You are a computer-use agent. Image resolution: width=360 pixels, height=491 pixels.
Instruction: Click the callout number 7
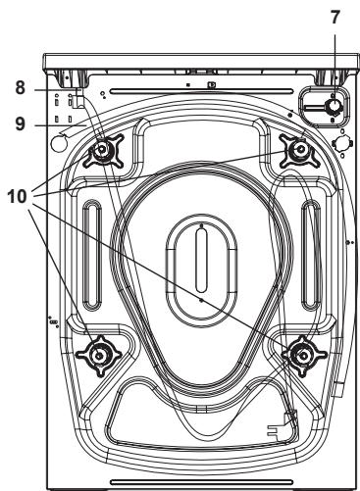334,17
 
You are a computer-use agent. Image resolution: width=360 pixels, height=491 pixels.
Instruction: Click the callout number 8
21,87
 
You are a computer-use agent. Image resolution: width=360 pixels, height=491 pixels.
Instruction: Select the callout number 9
21,124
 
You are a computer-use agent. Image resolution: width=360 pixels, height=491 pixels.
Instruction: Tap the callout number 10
18,197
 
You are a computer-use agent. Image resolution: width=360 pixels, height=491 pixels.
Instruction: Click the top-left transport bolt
102,151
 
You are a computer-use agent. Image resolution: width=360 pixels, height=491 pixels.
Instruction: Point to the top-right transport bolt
300,150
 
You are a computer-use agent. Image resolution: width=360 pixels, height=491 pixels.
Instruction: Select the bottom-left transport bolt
99,356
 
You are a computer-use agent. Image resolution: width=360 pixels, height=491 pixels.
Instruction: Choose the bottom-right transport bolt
304,355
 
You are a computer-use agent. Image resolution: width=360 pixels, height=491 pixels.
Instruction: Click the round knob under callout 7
334,107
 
